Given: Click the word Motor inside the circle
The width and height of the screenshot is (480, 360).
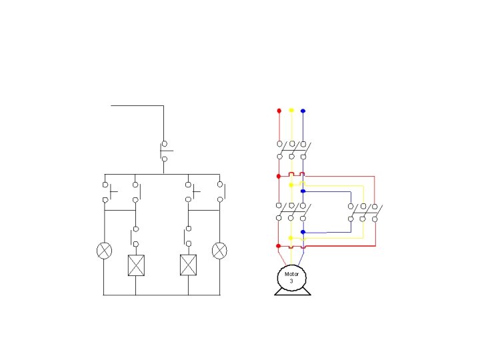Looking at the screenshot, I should click(291, 274).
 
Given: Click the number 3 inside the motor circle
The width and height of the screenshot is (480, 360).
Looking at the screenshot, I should click(291, 281).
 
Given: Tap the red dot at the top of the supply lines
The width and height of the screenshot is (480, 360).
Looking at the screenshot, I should click(279, 110).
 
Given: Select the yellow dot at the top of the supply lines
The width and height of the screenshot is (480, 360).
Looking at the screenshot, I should click(291, 110).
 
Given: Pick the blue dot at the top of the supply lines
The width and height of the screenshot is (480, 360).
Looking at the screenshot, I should click(303, 110).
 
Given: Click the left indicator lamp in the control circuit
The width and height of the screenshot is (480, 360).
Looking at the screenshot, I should click(103, 251).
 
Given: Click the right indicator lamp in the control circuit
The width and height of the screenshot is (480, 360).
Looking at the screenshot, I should click(219, 251).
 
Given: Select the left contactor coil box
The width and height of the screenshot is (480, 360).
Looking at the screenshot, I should click(135, 265).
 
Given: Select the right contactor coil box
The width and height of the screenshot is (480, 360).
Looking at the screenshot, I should click(188, 265).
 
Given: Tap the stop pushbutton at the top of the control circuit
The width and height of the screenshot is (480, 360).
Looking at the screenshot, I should click(164, 151).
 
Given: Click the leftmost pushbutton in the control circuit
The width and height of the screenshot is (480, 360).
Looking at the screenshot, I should click(106, 191).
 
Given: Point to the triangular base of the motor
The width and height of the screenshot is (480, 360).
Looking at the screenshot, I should click(292, 291).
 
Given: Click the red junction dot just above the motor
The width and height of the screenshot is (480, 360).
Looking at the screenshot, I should click(279, 246).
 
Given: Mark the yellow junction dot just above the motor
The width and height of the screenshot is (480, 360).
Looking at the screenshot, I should click(291, 238).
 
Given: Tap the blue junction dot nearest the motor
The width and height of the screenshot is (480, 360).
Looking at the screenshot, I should click(303, 232).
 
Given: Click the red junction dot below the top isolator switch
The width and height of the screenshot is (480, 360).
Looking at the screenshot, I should click(279, 177).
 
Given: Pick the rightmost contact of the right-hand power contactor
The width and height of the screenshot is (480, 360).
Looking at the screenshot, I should click(375, 213).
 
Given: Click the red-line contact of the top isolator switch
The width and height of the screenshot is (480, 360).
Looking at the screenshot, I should click(279, 150).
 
